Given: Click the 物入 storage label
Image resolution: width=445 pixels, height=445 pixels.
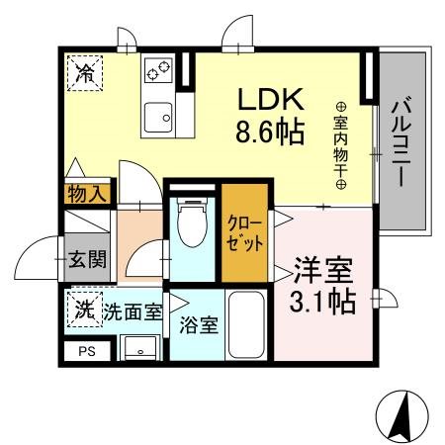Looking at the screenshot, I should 85,194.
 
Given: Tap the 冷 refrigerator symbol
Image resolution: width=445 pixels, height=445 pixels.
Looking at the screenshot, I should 86,71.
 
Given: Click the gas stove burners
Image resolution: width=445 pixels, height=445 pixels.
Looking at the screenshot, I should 158,72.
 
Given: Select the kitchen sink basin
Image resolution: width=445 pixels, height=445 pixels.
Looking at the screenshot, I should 157,117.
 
